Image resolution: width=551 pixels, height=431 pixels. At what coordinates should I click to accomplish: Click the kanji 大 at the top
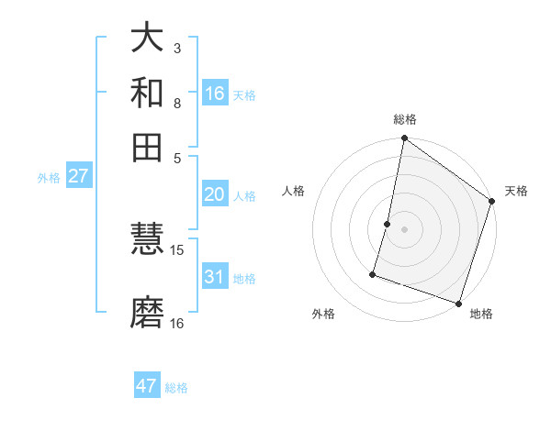[148, 38]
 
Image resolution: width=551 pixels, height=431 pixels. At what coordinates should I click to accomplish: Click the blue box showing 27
[78, 176]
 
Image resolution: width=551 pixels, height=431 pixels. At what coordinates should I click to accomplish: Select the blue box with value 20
[215, 194]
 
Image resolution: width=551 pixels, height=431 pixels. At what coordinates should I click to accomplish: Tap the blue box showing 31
[215, 277]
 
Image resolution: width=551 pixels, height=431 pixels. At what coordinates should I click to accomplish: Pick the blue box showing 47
[147, 386]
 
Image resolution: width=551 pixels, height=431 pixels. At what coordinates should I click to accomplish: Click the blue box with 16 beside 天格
[215, 94]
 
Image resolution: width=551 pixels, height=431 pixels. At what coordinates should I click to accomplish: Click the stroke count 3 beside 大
[177, 48]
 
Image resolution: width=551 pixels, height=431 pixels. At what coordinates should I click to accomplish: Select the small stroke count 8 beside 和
[177, 103]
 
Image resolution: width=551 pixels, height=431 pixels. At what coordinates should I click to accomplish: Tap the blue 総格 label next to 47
[176, 388]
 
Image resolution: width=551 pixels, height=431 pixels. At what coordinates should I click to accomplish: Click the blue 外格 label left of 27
[49, 178]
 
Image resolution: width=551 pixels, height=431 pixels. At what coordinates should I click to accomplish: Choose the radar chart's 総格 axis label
[404, 120]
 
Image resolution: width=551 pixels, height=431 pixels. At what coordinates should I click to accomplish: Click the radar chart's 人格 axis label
[294, 191]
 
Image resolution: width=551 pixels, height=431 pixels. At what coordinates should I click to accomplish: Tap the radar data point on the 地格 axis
[458, 302]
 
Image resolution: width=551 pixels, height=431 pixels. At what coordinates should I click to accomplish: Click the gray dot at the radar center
[404, 228]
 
